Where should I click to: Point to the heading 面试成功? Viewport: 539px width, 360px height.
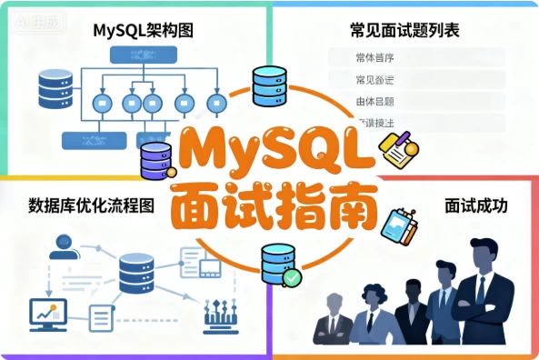475,205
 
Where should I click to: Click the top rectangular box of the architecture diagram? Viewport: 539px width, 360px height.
136,54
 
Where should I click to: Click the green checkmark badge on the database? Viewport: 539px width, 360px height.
290,276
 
